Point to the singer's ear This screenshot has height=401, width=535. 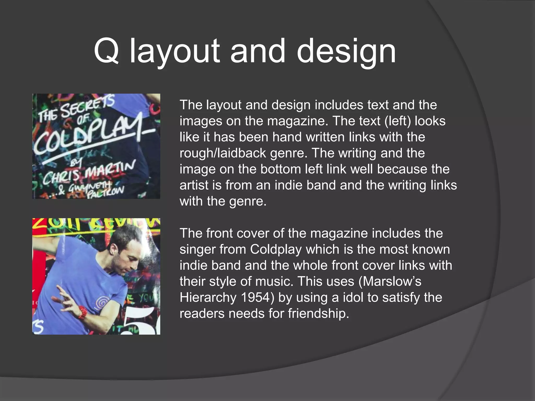coord(114,248)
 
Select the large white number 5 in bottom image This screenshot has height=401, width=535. coord(142,321)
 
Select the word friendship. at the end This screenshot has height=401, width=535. coord(318,314)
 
